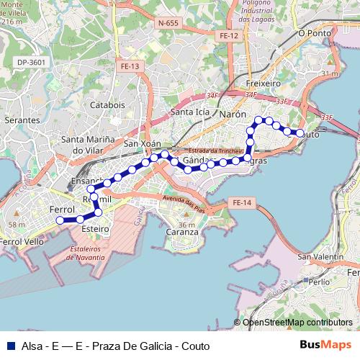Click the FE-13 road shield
point(130,66)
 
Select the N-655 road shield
point(167,23)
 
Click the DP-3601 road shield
point(32,63)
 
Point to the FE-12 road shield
point(229,35)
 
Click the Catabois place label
point(107,105)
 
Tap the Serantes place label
point(22,120)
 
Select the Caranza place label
point(181,232)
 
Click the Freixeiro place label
point(263,84)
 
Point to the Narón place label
point(233,114)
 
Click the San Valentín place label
point(320,257)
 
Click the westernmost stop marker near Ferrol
point(60,220)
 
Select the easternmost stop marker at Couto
point(300,133)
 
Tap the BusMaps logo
point(325,345)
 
